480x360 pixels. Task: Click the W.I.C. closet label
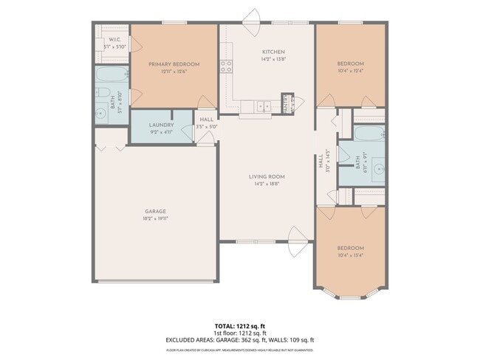[114, 39]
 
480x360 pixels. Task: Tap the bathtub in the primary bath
[112, 75]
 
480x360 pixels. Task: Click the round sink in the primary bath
[101, 114]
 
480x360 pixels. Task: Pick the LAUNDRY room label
[161, 125]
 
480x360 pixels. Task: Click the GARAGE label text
[155, 211]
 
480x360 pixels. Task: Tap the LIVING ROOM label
[267, 176]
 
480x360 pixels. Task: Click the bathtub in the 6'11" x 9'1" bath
[368, 134]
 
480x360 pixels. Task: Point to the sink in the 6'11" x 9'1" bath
[377, 169]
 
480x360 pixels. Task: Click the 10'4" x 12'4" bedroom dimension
[351, 72]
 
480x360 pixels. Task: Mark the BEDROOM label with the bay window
[351, 248]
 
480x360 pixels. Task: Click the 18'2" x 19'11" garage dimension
[155, 218]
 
